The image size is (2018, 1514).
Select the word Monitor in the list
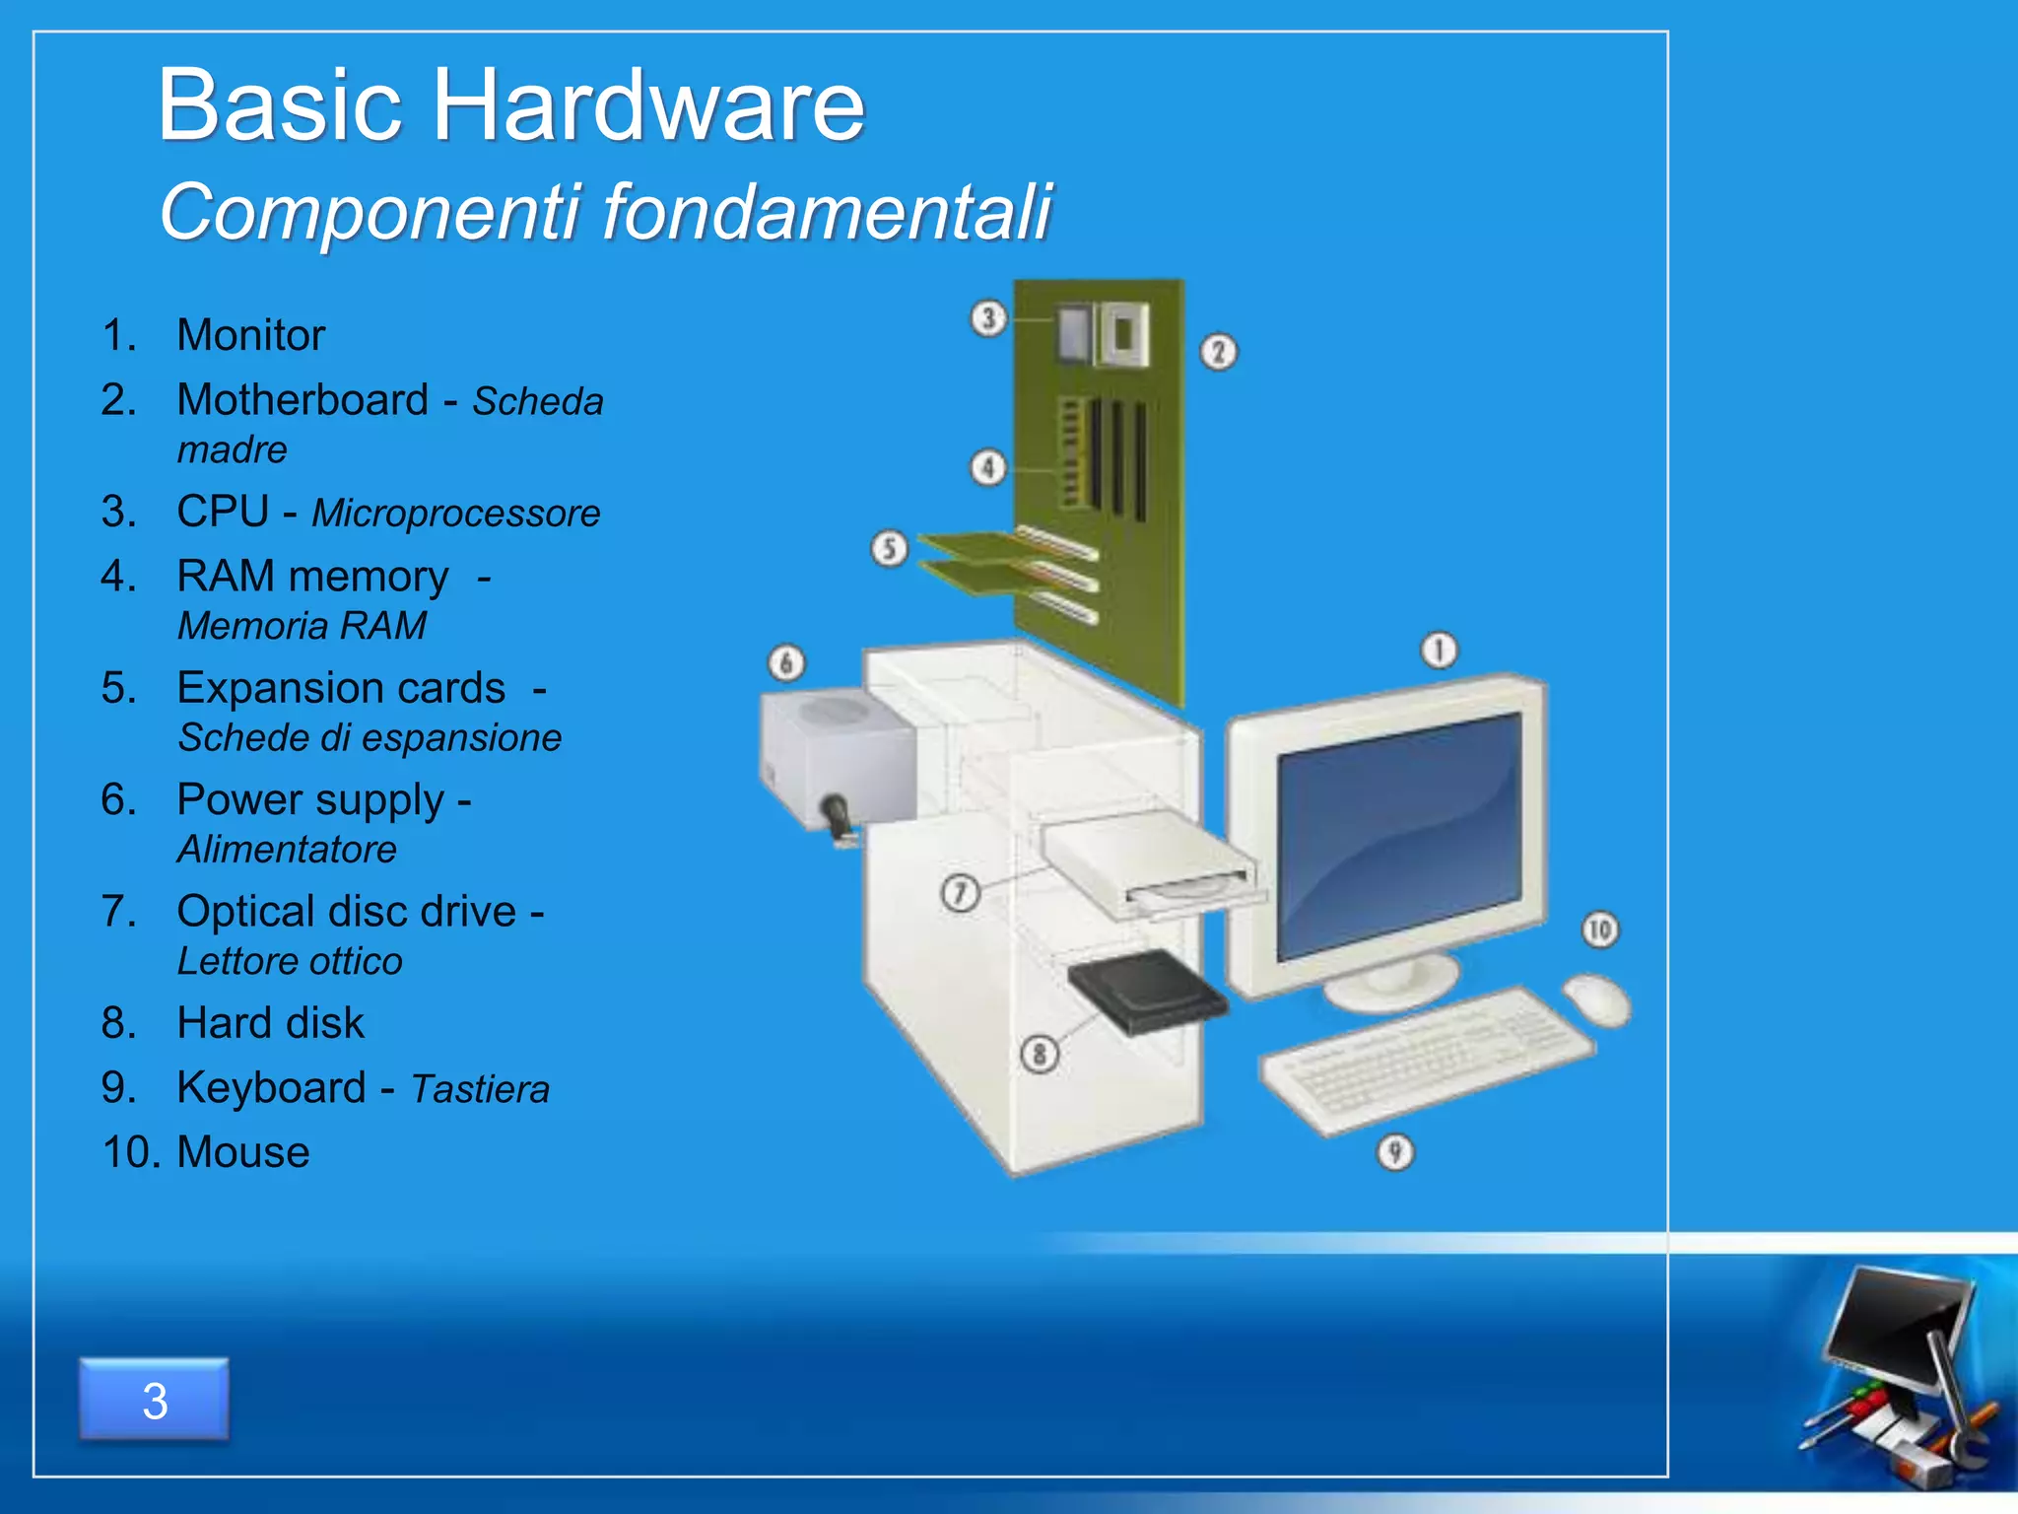(250, 335)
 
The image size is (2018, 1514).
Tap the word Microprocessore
(456, 514)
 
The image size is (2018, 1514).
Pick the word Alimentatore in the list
(287, 850)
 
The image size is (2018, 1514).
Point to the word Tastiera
(480, 1089)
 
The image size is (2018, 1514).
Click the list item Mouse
(242, 1151)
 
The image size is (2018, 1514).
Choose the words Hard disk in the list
(270, 1023)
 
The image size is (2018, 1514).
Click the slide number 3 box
(155, 1400)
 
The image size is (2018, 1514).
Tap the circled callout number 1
(1439, 651)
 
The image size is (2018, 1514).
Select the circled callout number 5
(889, 548)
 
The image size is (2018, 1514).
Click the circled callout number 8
(1039, 1054)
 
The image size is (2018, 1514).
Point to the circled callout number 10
(1599, 929)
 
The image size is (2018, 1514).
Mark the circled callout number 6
(786, 663)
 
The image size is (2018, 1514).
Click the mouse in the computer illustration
(1596, 998)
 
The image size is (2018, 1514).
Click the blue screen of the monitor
(1399, 833)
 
